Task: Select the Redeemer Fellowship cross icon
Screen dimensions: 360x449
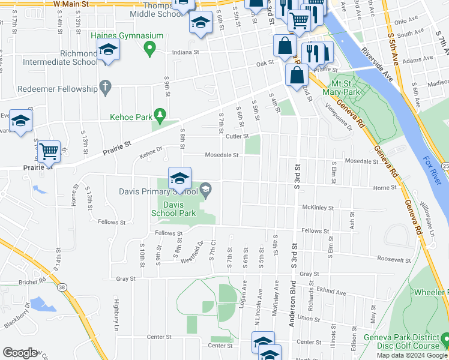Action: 106,88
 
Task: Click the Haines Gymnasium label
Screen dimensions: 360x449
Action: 127,36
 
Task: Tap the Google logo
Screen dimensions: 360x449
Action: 20,353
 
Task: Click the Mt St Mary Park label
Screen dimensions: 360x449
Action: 340,88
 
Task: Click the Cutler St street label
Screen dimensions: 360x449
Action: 237,136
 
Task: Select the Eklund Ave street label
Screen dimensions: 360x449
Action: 329,293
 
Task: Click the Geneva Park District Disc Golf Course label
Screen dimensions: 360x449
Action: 402,341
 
